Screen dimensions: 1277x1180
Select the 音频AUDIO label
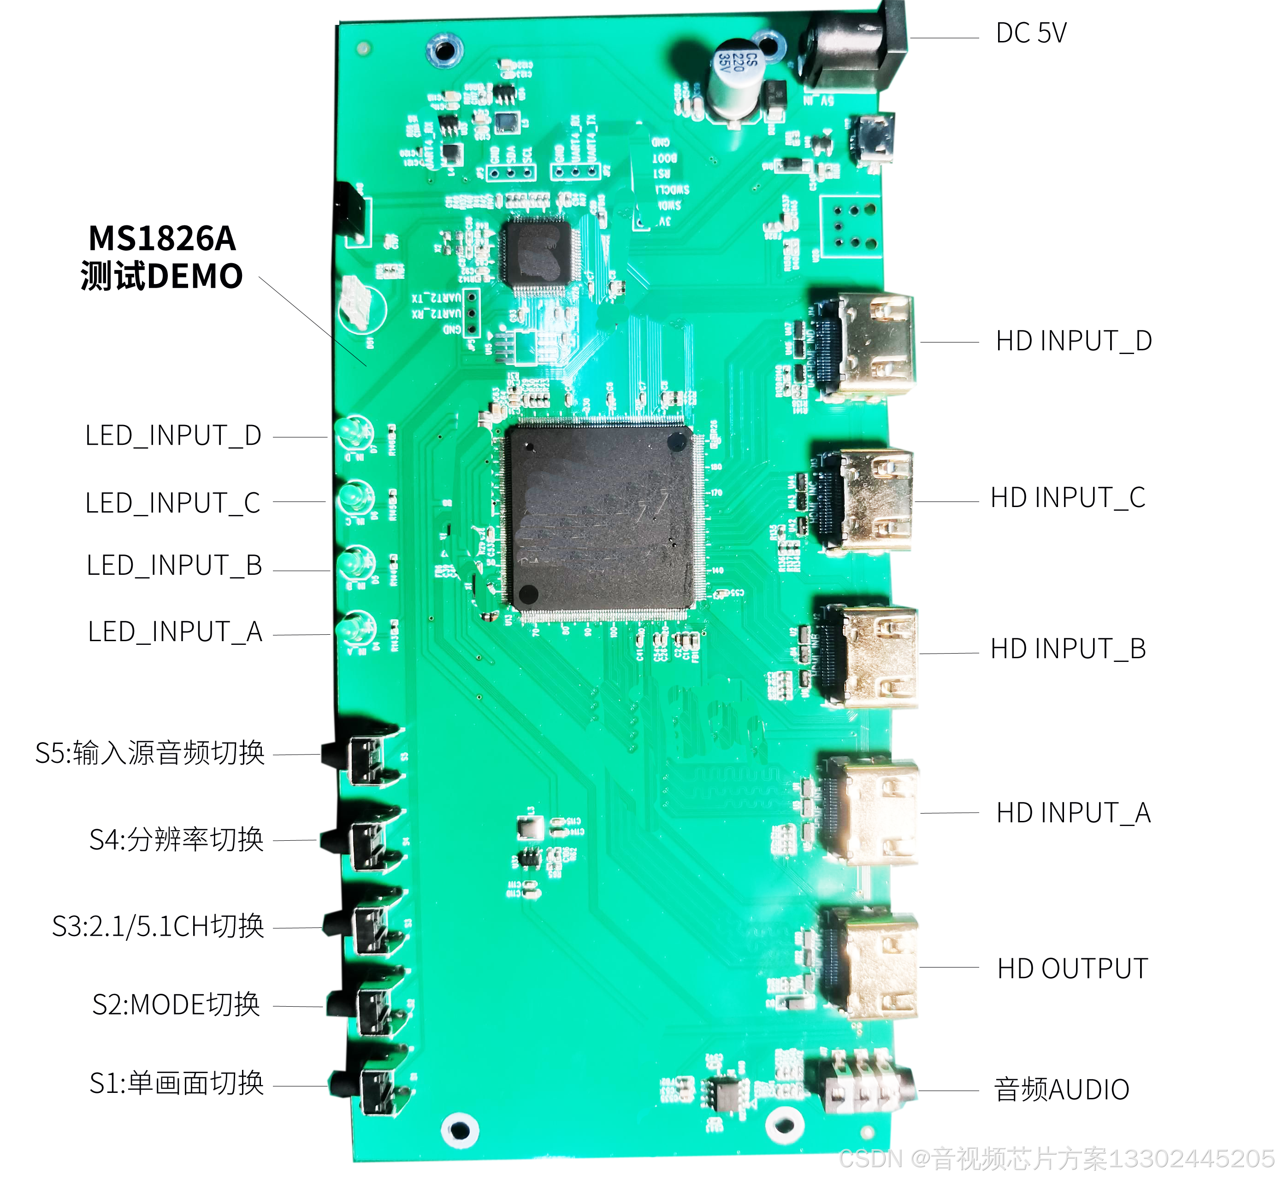coord(1061,1089)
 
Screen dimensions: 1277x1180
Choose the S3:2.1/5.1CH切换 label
coord(158,926)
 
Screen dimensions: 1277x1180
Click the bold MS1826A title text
coord(162,239)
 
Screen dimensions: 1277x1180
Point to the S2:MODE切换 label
coord(176,1004)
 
